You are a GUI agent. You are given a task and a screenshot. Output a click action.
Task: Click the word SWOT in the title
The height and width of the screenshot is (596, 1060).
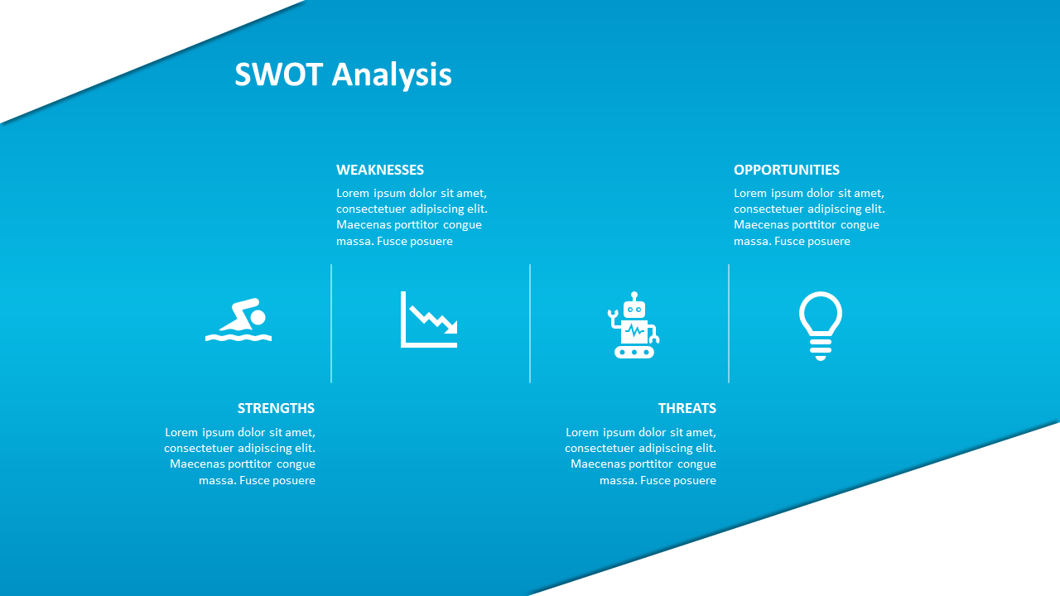pyautogui.click(x=279, y=74)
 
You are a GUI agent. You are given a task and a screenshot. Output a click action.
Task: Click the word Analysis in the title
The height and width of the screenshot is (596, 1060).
pyautogui.click(x=392, y=75)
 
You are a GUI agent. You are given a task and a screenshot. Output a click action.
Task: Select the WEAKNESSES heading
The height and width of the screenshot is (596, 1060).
pyautogui.click(x=380, y=170)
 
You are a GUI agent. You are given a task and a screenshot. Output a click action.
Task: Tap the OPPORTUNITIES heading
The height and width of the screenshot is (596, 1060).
pyautogui.click(x=787, y=170)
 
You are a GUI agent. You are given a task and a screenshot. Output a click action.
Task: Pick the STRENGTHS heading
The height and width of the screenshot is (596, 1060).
pyautogui.click(x=276, y=408)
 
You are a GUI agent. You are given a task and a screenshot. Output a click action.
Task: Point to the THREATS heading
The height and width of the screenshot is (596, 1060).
pyautogui.click(x=687, y=408)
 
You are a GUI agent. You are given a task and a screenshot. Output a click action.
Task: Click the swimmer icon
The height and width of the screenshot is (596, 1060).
pyautogui.click(x=238, y=320)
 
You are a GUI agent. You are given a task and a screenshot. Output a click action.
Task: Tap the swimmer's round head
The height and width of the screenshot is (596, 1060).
pyautogui.click(x=258, y=317)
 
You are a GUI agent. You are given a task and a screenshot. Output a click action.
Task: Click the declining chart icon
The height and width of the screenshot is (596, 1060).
pyautogui.click(x=429, y=320)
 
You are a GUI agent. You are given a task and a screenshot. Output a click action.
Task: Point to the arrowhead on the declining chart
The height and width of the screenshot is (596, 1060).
pyautogui.click(x=451, y=328)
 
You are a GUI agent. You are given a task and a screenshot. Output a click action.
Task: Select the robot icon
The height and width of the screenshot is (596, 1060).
pyautogui.click(x=634, y=325)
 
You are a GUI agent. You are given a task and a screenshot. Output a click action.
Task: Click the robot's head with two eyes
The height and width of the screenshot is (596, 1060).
pyautogui.click(x=634, y=310)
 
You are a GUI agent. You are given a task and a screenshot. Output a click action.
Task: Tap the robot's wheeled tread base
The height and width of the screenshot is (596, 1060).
pyautogui.click(x=634, y=352)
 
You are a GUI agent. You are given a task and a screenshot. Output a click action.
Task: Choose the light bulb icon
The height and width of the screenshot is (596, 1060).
pyautogui.click(x=821, y=326)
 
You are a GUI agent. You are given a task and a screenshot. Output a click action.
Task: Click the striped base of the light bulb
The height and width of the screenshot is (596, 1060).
pyautogui.click(x=821, y=349)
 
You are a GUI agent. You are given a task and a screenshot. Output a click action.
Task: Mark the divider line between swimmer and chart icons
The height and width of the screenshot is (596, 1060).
pyautogui.click(x=331, y=324)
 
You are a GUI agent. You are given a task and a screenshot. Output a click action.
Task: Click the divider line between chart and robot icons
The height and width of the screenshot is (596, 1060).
pyautogui.click(x=530, y=324)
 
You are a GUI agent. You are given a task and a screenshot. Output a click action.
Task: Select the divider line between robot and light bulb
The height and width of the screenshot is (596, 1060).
pyautogui.click(x=729, y=324)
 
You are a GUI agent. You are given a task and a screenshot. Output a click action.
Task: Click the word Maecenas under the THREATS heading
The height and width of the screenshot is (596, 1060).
pyautogui.click(x=599, y=464)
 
